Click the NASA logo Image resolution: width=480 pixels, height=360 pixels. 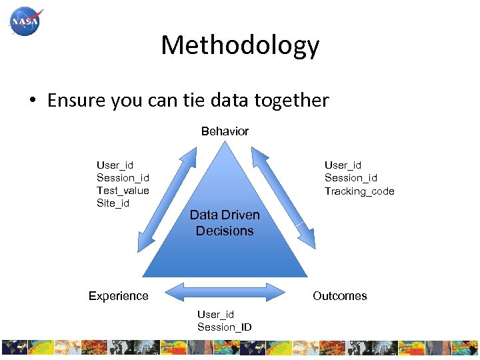point(25,22)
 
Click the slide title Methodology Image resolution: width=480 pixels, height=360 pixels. point(240,45)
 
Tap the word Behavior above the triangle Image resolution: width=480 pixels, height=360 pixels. point(225,131)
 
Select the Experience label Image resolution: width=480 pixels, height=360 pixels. point(119,296)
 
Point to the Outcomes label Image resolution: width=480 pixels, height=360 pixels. point(340,296)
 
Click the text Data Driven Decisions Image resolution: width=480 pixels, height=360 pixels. point(225,223)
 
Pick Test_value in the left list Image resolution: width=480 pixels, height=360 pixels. point(123,191)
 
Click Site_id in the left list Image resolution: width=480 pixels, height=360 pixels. point(113,203)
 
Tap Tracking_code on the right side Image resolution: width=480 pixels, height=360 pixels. point(359,191)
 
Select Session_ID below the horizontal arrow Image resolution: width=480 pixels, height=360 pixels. point(224,327)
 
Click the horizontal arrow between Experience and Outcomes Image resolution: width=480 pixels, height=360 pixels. point(224,291)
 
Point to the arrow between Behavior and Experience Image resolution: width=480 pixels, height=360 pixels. point(165,199)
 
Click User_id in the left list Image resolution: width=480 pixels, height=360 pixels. point(115,165)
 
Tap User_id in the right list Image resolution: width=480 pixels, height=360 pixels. point(343,165)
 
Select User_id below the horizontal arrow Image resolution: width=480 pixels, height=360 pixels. point(215,315)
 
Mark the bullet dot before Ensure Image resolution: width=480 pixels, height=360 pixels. point(31,101)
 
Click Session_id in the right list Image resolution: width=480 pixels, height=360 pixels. point(351,178)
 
